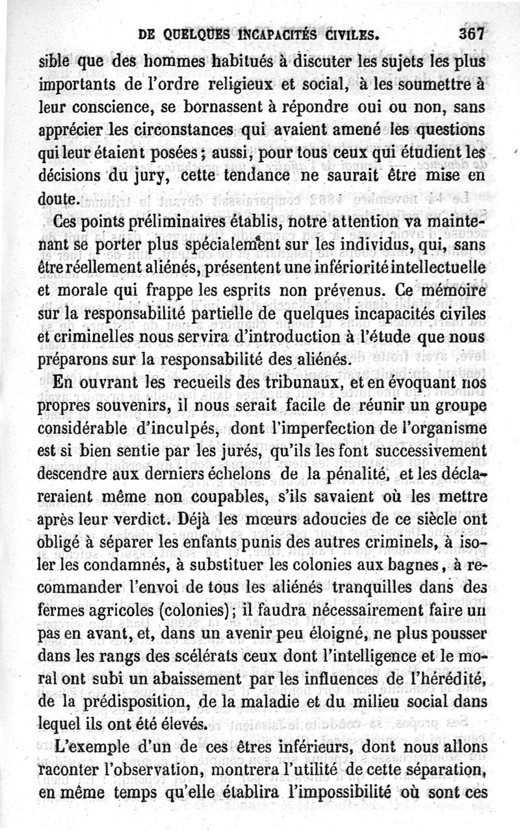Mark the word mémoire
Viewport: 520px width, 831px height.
click(454, 291)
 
